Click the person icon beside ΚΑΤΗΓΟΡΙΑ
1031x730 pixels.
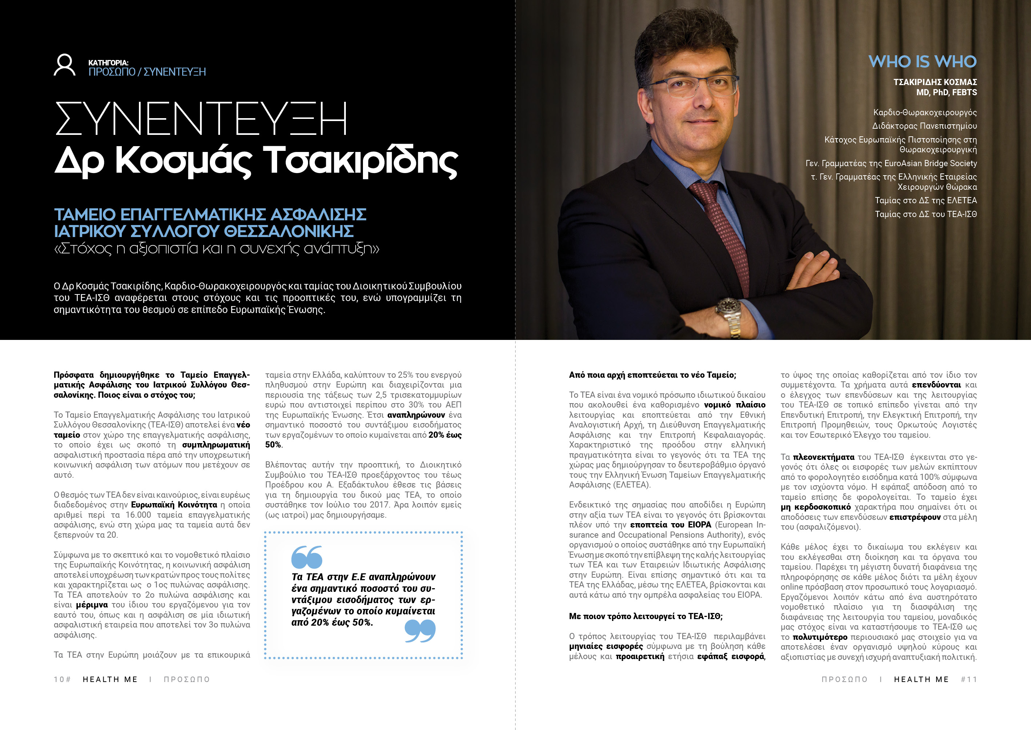(64, 65)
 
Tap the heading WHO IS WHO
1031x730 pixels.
(922, 61)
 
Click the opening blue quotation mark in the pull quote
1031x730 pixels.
(307, 557)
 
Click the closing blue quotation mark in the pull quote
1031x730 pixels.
(420, 631)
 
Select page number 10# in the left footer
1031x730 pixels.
(63, 679)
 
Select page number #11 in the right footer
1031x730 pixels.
(968, 679)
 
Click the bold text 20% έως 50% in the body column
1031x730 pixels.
(445, 435)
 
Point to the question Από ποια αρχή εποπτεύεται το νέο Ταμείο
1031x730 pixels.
(652, 375)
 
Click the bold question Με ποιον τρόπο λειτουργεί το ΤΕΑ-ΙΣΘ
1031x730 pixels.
(646, 616)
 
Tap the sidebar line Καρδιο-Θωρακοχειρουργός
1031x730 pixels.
(925, 112)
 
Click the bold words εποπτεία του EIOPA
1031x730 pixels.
(670, 525)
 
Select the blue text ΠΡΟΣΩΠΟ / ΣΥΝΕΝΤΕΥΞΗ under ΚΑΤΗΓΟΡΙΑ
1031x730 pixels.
(147, 72)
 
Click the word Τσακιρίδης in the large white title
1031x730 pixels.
(360, 161)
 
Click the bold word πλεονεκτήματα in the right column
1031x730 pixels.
(823, 457)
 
